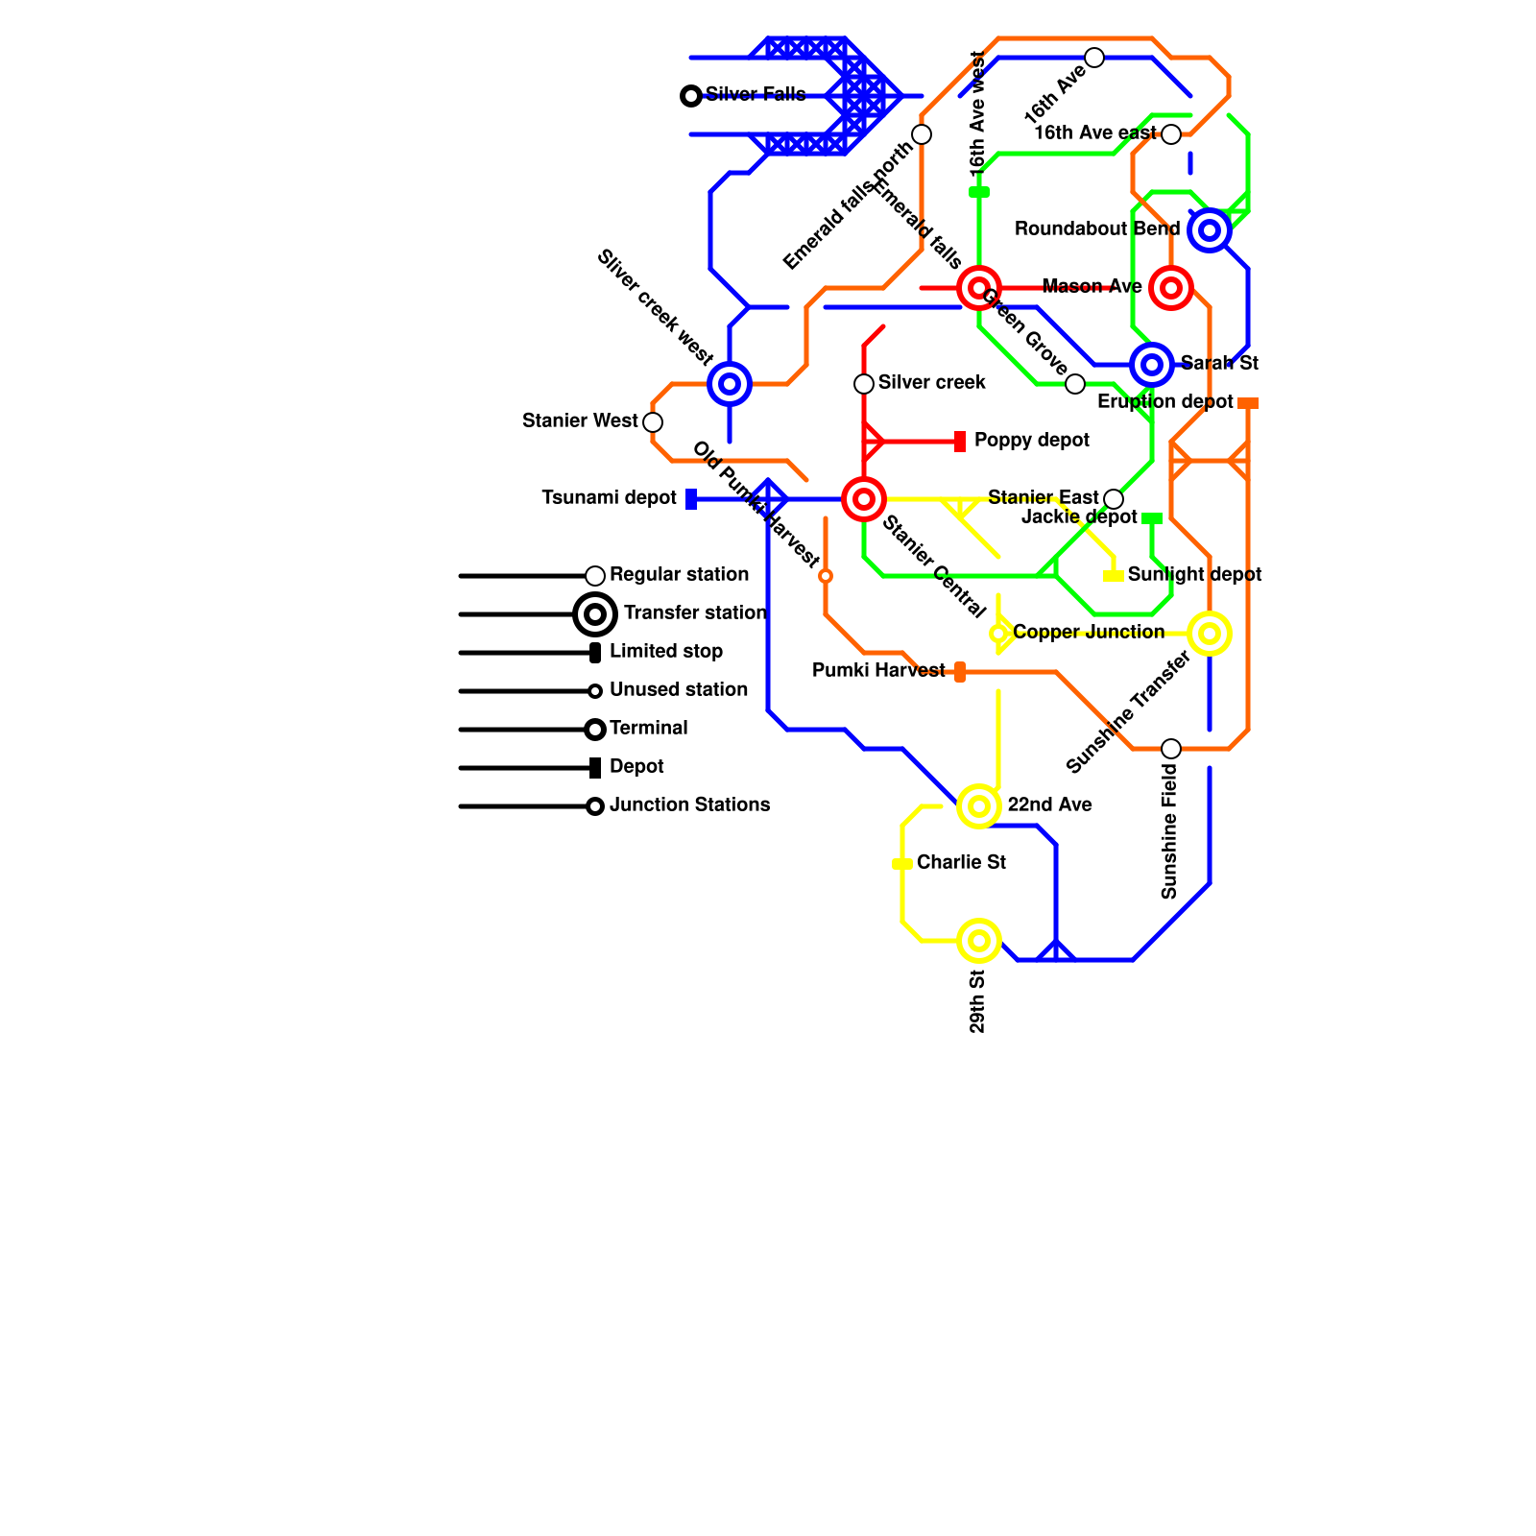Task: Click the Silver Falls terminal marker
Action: (x=690, y=96)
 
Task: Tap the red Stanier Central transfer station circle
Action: (x=864, y=499)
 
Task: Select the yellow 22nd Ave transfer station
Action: (x=979, y=806)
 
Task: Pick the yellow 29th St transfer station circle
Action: (x=979, y=941)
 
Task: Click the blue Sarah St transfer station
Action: (x=1152, y=365)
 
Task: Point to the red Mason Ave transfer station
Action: (x=1171, y=288)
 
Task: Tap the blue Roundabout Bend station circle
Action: (x=1210, y=230)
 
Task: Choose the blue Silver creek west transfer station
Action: (x=730, y=384)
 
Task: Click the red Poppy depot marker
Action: (x=960, y=442)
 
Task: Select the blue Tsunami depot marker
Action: (x=691, y=499)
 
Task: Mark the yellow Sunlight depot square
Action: (x=1114, y=576)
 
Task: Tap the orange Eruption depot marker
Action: (x=1248, y=403)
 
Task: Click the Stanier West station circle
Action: (x=653, y=422)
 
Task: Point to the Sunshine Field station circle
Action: (x=1171, y=749)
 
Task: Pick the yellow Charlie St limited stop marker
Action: (x=902, y=864)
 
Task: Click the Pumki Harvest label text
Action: (x=878, y=671)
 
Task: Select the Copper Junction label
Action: (x=1088, y=633)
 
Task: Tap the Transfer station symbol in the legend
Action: (x=595, y=614)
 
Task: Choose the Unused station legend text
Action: (x=678, y=690)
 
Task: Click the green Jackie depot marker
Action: (x=1152, y=518)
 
